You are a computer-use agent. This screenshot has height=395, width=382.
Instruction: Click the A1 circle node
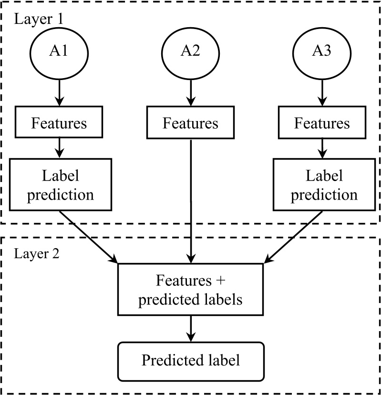point(59,51)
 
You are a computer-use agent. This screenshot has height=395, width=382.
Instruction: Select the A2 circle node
point(191,51)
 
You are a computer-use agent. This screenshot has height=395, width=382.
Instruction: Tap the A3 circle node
point(322,51)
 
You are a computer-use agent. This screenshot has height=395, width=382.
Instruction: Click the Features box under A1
point(59,123)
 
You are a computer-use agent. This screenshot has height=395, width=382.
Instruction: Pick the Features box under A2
point(191,123)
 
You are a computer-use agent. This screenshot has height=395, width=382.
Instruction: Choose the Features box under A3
point(322,123)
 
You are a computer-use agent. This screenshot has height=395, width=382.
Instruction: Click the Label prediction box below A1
point(60,185)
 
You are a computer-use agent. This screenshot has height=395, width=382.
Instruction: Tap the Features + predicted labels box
point(191,290)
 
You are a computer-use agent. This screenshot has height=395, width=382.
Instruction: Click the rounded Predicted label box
point(191,361)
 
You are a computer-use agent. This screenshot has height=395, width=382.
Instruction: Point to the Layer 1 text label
point(39,20)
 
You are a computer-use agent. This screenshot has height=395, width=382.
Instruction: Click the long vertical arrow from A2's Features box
point(191,200)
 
